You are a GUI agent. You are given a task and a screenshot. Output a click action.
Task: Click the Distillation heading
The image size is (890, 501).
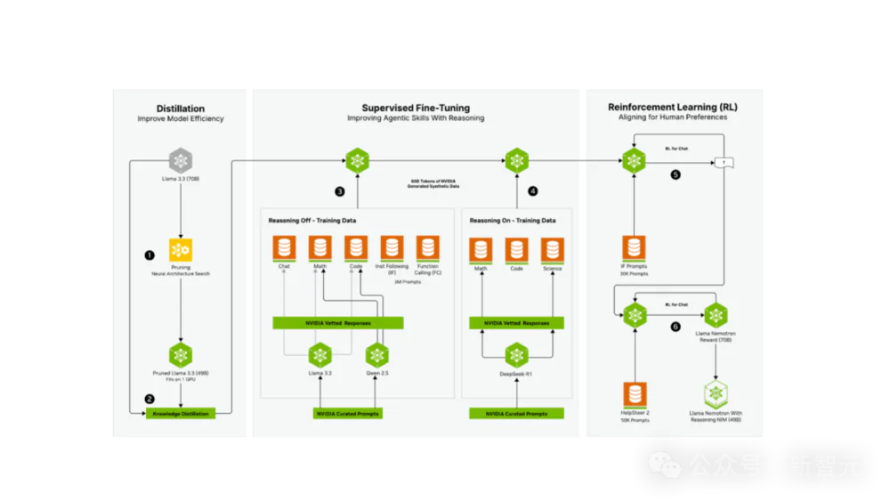coord(181,108)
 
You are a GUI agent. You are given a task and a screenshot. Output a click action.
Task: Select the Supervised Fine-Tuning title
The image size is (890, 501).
coord(416,108)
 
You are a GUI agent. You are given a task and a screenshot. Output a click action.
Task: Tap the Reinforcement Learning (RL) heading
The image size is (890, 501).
coord(673,108)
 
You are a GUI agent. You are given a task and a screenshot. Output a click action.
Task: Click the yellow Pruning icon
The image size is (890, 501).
coord(182,250)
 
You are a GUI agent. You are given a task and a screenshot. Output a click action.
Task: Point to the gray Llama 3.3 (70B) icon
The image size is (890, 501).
coord(182,161)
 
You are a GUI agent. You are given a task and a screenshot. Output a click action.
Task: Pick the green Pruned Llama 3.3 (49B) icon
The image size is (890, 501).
coord(182,355)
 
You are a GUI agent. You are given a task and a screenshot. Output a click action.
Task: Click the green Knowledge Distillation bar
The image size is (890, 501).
coord(181,414)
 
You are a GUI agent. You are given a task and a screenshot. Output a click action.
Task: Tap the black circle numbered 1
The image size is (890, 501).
coord(150,255)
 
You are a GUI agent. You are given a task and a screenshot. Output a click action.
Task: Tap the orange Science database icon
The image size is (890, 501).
coord(553,250)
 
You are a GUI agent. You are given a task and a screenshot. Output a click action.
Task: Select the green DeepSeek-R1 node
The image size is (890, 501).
coord(517,356)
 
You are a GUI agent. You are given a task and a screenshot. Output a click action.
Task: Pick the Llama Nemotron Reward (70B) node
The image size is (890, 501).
coord(716,315)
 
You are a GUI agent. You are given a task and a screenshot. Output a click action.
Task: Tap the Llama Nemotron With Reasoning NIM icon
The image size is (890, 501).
coord(716,393)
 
